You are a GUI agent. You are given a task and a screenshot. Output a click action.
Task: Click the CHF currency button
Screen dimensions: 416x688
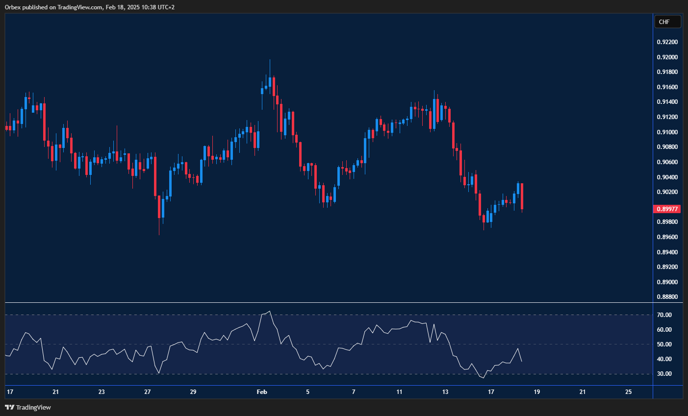(667, 22)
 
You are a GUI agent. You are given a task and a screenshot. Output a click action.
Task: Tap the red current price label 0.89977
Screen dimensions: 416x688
(667, 209)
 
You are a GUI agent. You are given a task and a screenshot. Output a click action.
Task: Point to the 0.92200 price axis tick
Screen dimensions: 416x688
(667, 42)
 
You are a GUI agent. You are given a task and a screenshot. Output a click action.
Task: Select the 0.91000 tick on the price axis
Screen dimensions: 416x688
(667, 132)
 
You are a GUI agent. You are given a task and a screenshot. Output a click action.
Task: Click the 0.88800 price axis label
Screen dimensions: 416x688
(667, 297)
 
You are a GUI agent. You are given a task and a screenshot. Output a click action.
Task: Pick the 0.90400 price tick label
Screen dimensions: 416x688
(667, 177)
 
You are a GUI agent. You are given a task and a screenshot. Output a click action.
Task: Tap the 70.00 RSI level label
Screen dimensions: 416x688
(664, 315)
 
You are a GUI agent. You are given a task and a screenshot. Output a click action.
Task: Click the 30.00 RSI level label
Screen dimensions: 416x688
(664, 374)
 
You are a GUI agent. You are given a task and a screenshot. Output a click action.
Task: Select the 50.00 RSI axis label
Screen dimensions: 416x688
(664, 344)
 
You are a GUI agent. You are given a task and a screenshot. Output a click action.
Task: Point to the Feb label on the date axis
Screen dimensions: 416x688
(262, 392)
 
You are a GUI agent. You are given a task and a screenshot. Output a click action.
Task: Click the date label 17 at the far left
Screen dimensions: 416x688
(10, 392)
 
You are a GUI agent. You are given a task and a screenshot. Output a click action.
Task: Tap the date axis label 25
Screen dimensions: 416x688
(629, 392)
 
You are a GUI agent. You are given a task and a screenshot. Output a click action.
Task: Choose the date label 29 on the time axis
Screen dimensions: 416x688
(193, 392)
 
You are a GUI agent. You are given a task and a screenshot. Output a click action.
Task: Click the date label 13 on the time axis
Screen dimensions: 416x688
(445, 392)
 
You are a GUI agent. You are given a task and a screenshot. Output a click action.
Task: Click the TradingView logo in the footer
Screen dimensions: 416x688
(28, 407)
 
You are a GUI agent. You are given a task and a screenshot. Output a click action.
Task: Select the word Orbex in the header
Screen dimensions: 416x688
(12, 7)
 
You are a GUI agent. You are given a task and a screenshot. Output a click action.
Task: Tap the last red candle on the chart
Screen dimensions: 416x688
(522, 196)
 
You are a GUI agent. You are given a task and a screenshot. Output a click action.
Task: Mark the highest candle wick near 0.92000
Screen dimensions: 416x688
(270, 61)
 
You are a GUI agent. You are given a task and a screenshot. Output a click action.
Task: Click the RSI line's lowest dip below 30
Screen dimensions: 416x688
(483, 378)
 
